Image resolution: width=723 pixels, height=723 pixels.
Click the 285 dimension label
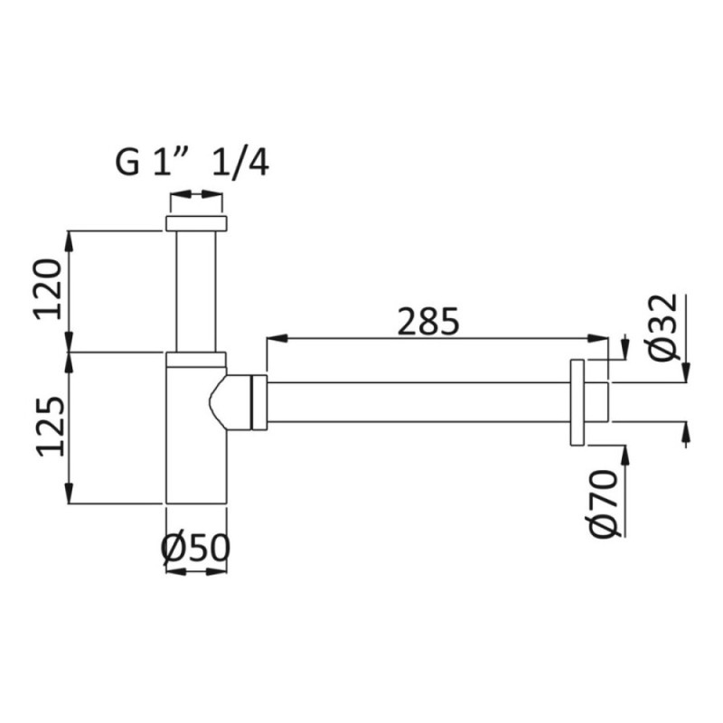pyautogui.click(x=427, y=322)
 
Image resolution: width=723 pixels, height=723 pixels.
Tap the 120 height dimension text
pyautogui.click(x=48, y=289)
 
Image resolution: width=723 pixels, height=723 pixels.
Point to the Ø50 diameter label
pyautogui.click(x=195, y=548)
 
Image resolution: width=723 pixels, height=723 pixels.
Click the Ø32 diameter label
pyautogui.click(x=663, y=328)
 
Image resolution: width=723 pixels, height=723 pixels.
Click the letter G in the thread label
pyautogui.click(x=127, y=163)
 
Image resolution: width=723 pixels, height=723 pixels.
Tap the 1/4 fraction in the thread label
pyautogui.click(x=240, y=163)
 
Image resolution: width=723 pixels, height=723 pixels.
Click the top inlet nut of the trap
pyautogui.click(x=196, y=222)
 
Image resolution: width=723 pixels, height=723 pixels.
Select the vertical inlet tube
pyautogui.click(x=196, y=291)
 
